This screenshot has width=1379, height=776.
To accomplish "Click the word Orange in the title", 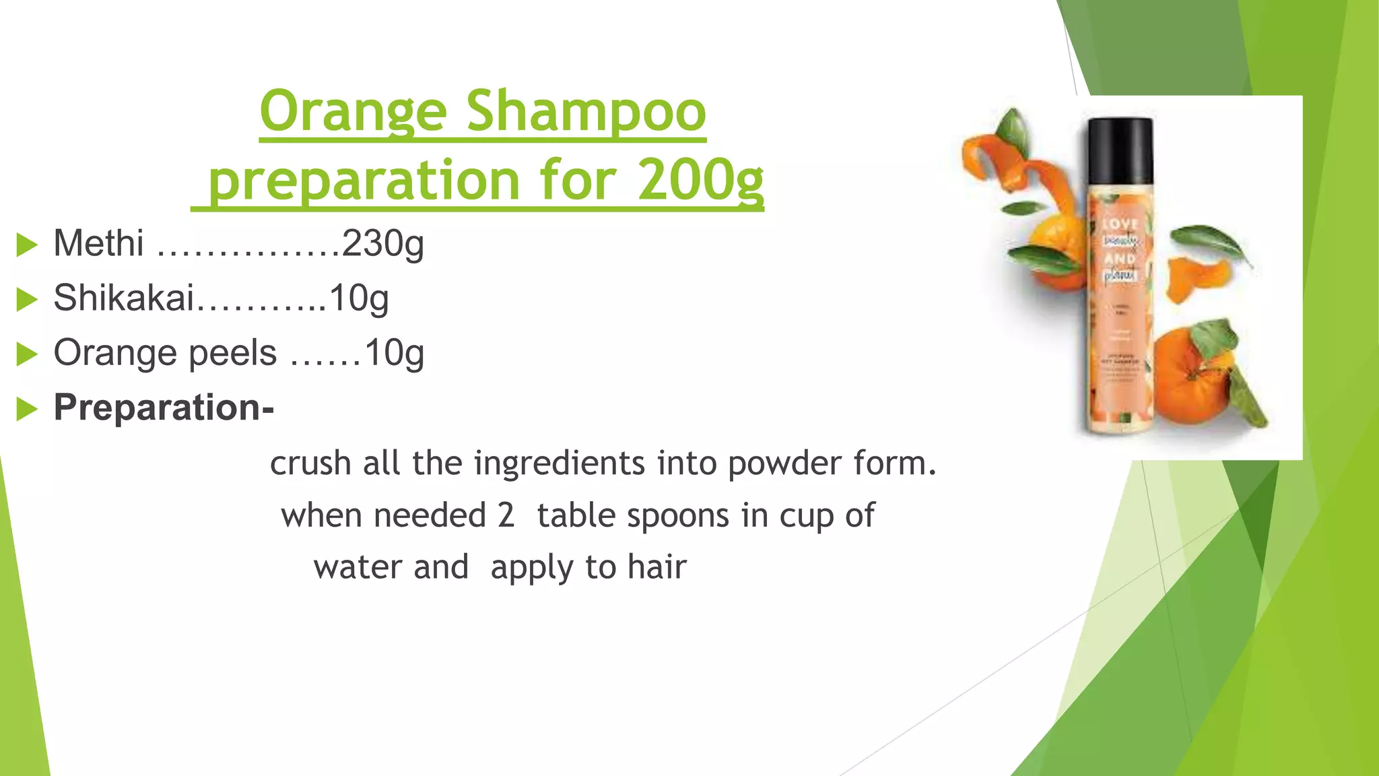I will click(x=353, y=112).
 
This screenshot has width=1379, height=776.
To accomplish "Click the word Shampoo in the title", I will click(x=586, y=112).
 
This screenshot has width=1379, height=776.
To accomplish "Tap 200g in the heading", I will click(x=700, y=181).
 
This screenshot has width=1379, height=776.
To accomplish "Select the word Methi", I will click(x=98, y=243).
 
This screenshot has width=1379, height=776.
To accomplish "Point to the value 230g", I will click(x=382, y=244).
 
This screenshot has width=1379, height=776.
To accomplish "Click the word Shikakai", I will click(x=123, y=298).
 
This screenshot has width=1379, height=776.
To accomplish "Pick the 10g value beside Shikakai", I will click(x=359, y=298).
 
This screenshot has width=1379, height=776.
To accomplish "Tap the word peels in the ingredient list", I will click(x=233, y=353).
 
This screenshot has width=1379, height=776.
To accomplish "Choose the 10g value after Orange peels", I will click(x=394, y=353).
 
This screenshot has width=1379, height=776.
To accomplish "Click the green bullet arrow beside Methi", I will click(x=26, y=245).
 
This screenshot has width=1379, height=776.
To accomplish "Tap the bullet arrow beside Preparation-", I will click(x=26, y=408).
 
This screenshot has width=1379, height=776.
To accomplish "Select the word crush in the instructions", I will click(x=310, y=463).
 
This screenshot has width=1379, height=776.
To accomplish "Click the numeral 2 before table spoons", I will click(x=506, y=515).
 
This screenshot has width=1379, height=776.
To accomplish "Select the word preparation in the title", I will click(x=364, y=181).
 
